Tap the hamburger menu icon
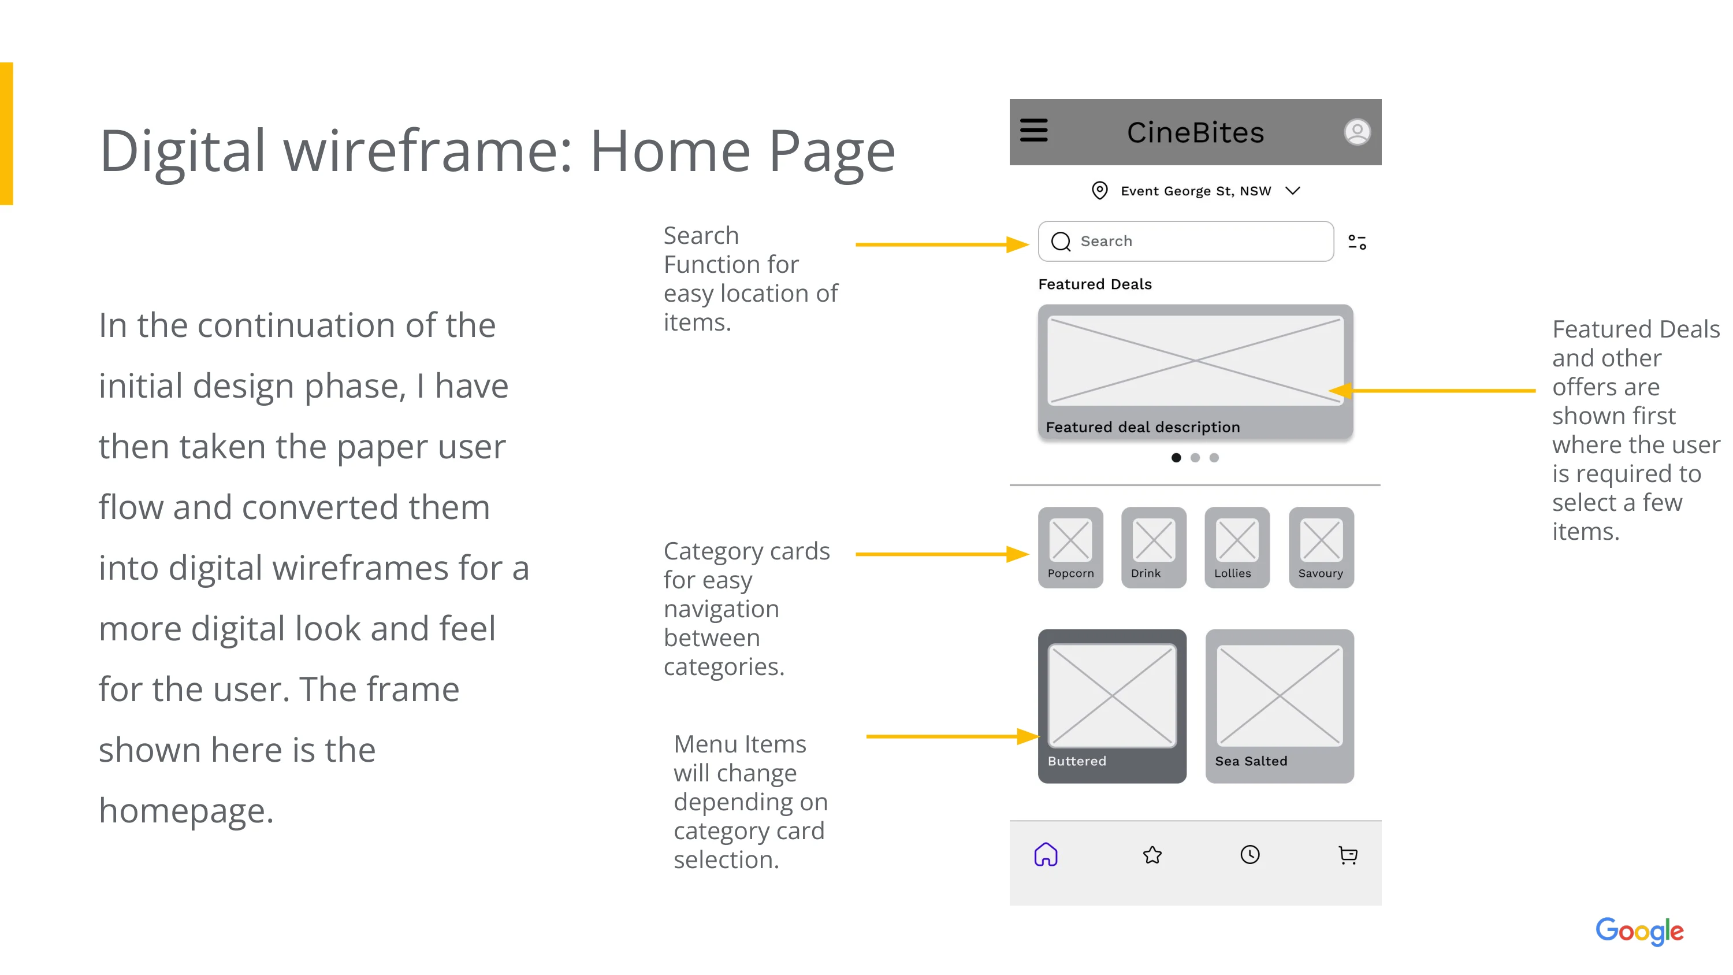(1033, 131)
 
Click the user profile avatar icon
(1357, 132)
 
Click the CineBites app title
(1195, 132)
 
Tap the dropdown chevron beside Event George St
(1292, 191)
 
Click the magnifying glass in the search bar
(1061, 242)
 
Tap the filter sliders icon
(1357, 242)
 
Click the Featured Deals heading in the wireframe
(1095, 284)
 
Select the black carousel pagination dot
(1176, 458)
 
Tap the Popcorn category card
(1070, 547)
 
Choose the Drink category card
(1154, 547)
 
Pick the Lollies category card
(1237, 547)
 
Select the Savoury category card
(1321, 547)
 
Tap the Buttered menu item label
(1076, 761)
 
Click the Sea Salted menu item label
(1251, 761)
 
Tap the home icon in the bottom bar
(1046, 855)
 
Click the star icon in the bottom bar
(1152, 855)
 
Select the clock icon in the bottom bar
(1250, 855)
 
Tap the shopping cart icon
(1348, 855)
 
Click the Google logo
(1639, 931)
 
